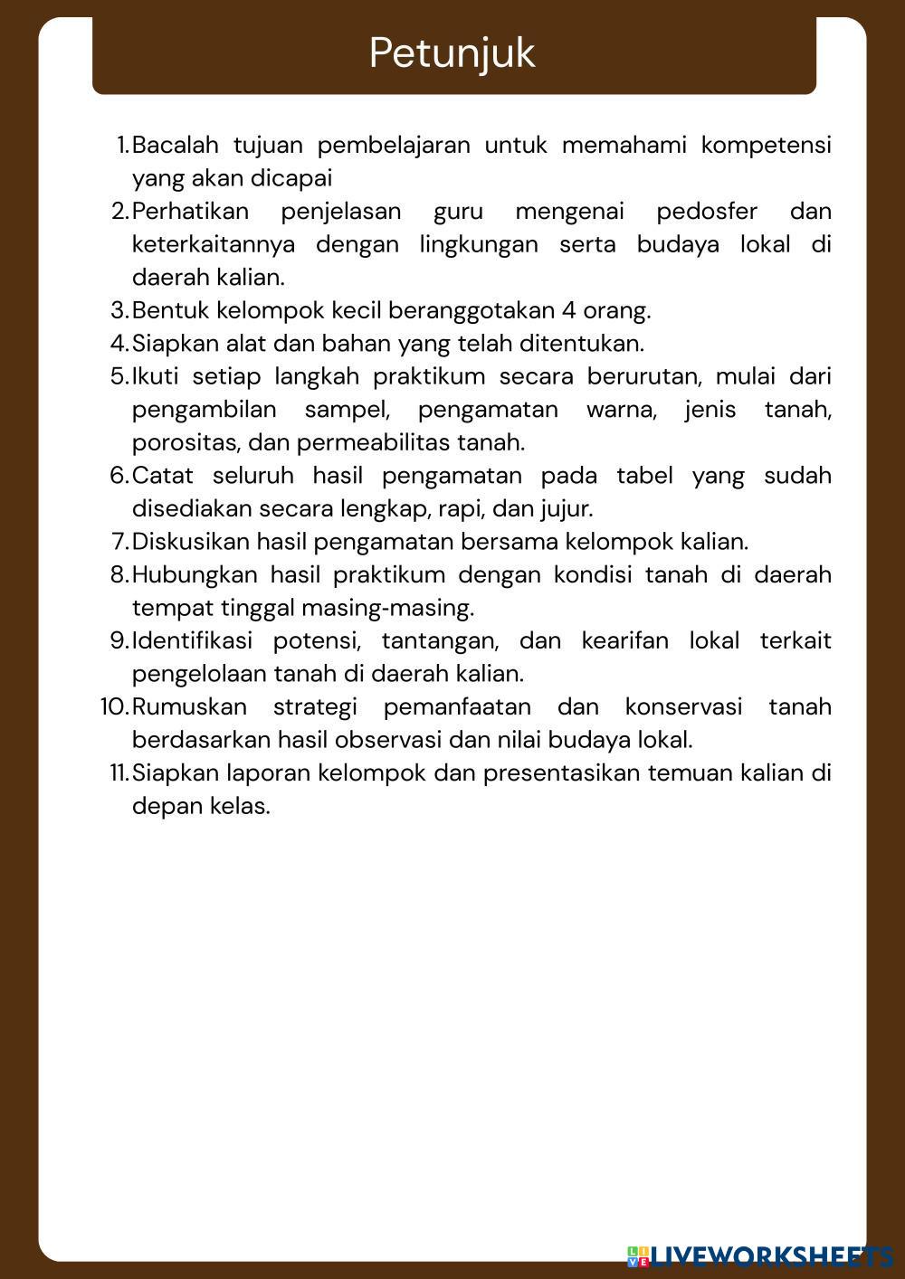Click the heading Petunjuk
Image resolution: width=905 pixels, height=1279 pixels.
(x=452, y=53)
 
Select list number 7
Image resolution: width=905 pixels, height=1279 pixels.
(x=120, y=542)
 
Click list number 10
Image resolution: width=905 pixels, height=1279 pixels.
(x=114, y=707)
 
